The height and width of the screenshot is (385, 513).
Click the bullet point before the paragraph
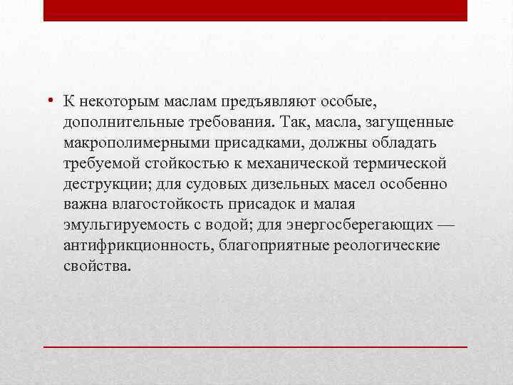[53, 101]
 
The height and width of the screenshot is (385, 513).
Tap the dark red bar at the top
[255, 10]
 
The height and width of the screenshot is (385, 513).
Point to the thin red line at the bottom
[255, 346]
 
